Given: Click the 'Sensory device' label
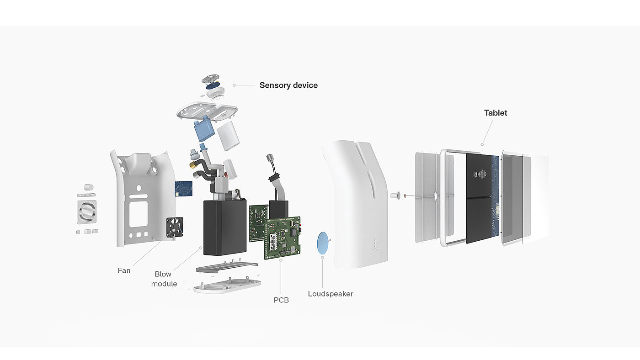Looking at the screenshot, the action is click(288, 85).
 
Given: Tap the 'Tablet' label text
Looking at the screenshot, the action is click(496, 113).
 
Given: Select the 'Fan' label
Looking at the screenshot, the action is click(124, 270).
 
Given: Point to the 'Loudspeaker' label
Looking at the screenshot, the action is click(330, 294).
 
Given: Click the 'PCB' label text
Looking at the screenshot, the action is click(281, 300).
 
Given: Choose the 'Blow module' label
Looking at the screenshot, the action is click(164, 279).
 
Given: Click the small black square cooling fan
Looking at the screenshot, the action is click(175, 227).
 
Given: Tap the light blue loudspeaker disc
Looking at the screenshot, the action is click(323, 243).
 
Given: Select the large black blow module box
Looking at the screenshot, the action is click(225, 228).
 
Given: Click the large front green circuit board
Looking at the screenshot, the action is click(283, 238).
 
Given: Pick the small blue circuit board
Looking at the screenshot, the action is click(183, 189).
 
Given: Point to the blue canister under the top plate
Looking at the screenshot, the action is click(204, 129).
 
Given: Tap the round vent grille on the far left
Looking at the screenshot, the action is click(87, 212).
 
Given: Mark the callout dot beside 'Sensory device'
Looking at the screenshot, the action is click(234, 85).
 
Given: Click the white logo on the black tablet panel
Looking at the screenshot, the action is click(480, 175).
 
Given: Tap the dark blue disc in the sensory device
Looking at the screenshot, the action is click(212, 85).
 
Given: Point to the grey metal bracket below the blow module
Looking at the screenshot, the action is click(227, 267).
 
